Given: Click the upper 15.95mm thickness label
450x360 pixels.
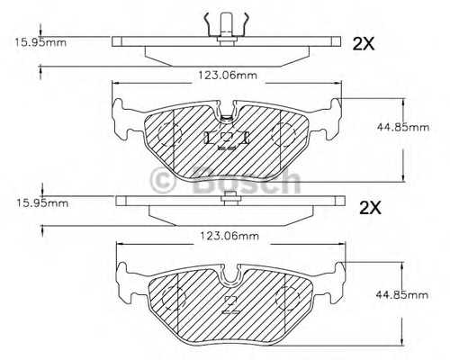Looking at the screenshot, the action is [40, 42].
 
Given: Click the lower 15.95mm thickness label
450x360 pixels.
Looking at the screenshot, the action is [42, 203].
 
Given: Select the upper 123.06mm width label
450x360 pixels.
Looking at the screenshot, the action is [227, 75].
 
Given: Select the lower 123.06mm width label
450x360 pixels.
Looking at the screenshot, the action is [229, 236].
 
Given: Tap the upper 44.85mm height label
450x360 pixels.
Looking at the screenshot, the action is [403, 128].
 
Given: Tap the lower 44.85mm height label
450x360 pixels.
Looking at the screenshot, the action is [402, 295].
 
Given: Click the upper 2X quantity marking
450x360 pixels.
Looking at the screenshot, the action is [364, 44].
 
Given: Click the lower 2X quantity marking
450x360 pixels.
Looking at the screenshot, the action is [370, 208].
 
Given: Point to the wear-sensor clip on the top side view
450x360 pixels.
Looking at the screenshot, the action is [226, 29].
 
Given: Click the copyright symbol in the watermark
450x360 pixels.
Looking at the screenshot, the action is [162, 181].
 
